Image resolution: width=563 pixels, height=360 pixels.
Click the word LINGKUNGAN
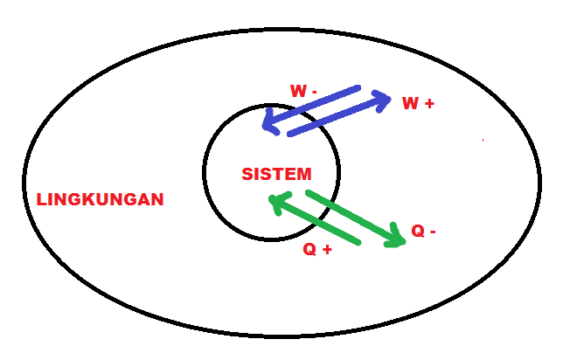click(x=100, y=199)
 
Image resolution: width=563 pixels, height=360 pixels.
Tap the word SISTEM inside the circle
click(x=275, y=174)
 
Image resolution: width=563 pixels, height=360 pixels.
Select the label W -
click(x=302, y=90)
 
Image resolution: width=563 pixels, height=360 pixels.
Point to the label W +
click(x=417, y=103)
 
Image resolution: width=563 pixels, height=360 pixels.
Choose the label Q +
click(x=316, y=249)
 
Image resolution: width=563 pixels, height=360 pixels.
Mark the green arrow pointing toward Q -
click(x=354, y=216)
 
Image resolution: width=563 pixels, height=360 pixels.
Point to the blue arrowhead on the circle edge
click(x=271, y=124)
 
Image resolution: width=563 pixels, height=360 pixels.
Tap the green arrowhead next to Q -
click(x=397, y=238)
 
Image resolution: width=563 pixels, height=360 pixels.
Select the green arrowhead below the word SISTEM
click(x=277, y=204)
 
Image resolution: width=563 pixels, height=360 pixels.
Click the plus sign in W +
click(x=429, y=103)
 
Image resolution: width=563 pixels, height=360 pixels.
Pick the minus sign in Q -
click(x=433, y=232)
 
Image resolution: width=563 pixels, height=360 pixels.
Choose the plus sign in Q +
click(x=327, y=249)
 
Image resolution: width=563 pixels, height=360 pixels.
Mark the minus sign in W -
click(x=314, y=91)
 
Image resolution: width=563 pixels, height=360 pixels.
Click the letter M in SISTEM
click(x=302, y=174)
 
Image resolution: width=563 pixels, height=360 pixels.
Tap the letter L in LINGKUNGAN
click(x=41, y=199)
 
